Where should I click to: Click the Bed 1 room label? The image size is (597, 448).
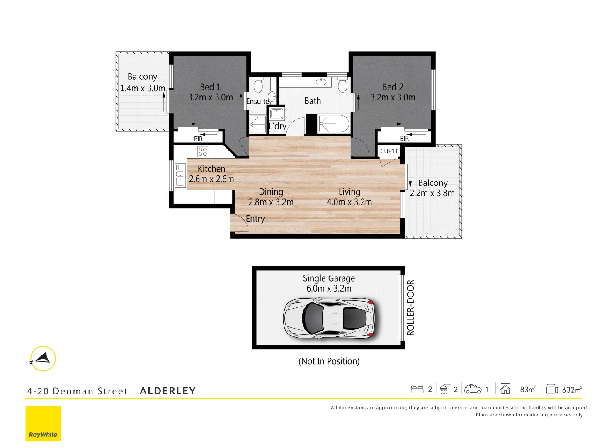pyautogui.click(x=210, y=87)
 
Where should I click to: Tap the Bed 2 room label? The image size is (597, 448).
pyautogui.click(x=393, y=87)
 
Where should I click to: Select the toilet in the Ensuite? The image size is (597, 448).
pyautogui.click(x=258, y=85)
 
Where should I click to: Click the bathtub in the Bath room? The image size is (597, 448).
pyautogui.click(x=334, y=124)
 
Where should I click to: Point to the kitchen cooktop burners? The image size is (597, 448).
pyautogui.click(x=202, y=151)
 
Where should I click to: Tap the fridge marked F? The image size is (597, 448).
pyautogui.click(x=223, y=197)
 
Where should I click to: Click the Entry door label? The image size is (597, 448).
pyautogui.click(x=255, y=219)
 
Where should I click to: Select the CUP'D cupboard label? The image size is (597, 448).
pyautogui.click(x=388, y=151)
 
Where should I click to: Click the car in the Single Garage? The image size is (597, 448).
pyautogui.click(x=329, y=318)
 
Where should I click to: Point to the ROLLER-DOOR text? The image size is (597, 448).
pyautogui.click(x=410, y=307)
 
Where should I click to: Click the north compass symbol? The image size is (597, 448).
pyautogui.click(x=43, y=358)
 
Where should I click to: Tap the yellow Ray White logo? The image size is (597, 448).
pyautogui.click(x=43, y=424)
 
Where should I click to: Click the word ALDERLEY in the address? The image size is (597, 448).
pyautogui.click(x=167, y=391)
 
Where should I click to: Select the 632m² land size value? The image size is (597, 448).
pyautogui.click(x=572, y=390)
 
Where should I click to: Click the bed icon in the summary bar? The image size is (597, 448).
pyautogui.click(x=417, y=389)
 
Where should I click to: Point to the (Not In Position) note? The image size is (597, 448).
pyautogui.click(x=329, y=361)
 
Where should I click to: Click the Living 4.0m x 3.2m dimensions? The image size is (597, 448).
pyautogui.click(x=349, y=202)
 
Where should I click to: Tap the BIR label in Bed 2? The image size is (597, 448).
pyautogui.click(x=404, y=139)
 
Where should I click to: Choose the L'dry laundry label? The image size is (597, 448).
pyautogui.click(x=277, y=126)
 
